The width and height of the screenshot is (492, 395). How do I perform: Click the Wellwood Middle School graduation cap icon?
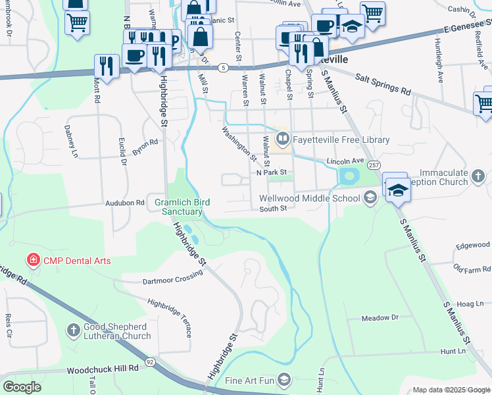tap(370, 197)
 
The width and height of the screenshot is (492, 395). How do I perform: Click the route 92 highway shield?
tap(151, 362)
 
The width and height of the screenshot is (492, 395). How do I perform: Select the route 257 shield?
tap(374, 165)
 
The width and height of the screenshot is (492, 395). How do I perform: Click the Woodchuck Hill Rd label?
tap(103, 369)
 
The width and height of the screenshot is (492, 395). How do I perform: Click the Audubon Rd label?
tap(125, 204)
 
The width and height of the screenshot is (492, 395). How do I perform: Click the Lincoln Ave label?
tap(345, 161)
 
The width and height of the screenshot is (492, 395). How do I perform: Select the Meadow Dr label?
tap(380, 318)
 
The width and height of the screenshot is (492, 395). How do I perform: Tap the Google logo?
tap(22, 387)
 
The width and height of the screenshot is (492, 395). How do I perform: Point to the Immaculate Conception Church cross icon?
tap(478, 176)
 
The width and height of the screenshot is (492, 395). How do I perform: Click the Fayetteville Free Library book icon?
tap(283, 138)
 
